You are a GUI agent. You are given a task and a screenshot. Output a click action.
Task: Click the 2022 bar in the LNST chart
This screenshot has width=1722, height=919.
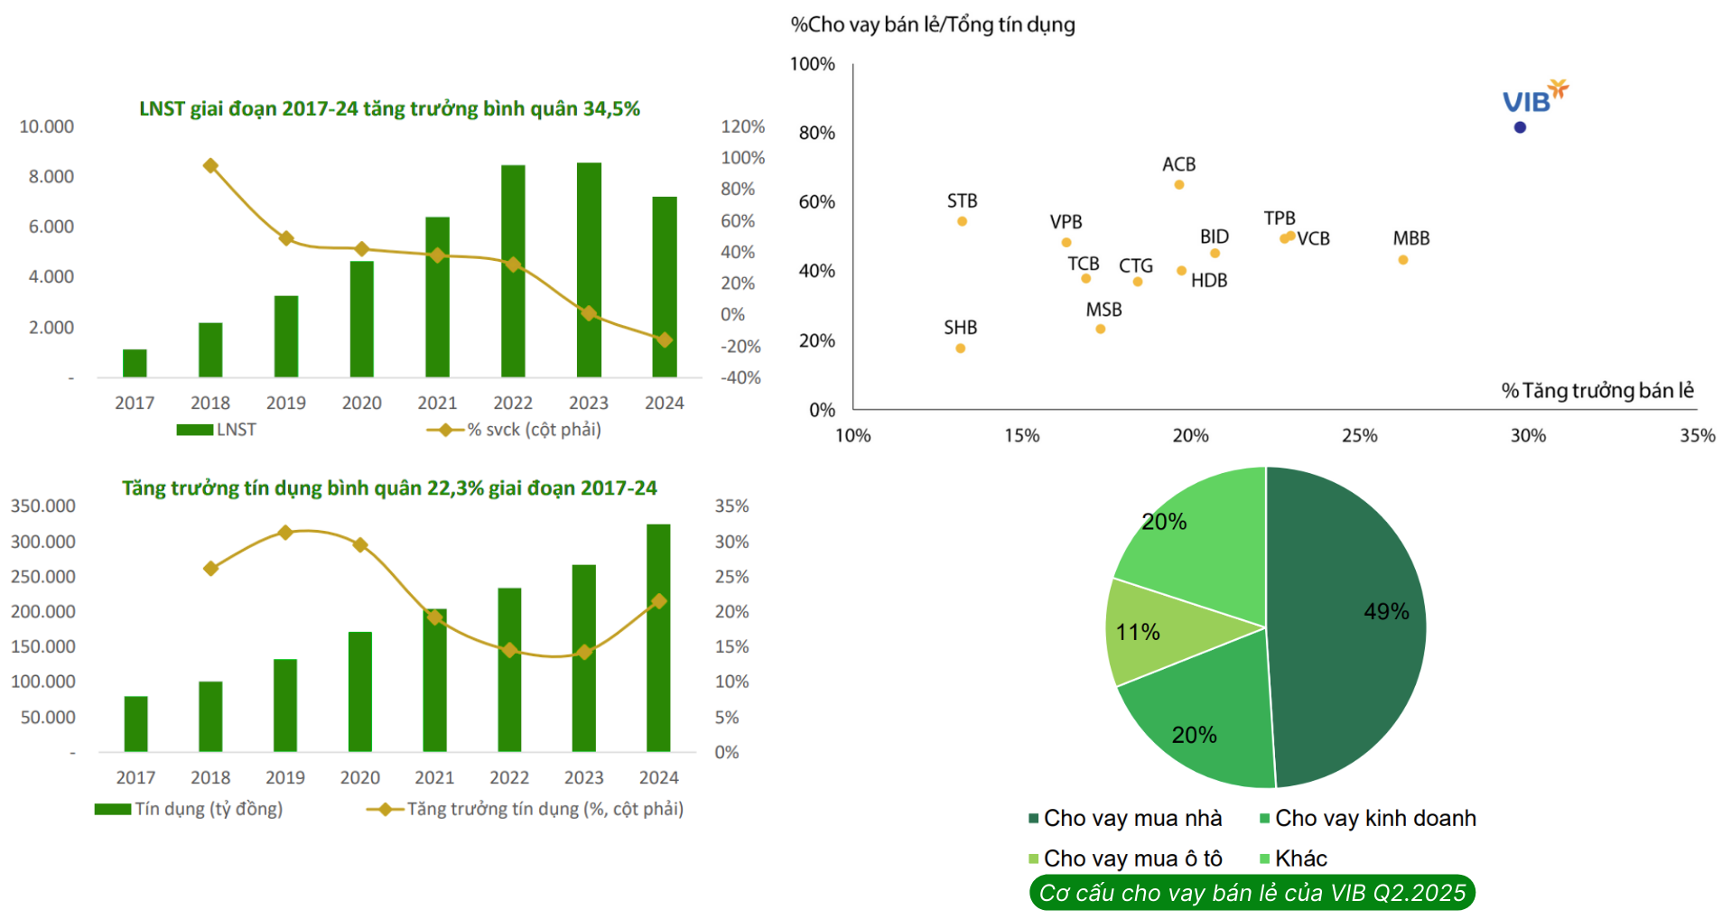point(513,271)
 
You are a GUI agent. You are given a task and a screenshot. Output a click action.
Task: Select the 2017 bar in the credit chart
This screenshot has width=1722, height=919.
point(135,724)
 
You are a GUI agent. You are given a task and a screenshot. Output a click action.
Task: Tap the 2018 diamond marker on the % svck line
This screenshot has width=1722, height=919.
point(210,166)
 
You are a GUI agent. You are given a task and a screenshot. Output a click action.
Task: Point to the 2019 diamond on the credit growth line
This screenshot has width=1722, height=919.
point(285,533)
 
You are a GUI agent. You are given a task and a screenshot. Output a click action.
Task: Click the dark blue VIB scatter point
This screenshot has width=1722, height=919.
point(1520,127)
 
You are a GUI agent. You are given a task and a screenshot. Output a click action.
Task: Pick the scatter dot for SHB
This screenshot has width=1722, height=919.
point(960,348)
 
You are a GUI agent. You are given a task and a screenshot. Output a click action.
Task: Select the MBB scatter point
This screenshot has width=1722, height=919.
point(1402,260)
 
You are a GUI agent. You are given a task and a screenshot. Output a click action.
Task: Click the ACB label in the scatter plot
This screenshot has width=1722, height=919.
point(1178,164)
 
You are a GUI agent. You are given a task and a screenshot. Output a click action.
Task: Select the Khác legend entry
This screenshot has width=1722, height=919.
point(1300,859)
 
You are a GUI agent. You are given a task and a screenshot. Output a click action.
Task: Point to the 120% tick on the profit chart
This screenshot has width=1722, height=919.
point(742,126)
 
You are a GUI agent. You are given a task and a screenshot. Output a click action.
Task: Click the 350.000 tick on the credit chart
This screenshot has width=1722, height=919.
point(42,506)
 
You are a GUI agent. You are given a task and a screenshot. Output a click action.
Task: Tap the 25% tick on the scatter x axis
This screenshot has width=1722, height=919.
point(1359,435)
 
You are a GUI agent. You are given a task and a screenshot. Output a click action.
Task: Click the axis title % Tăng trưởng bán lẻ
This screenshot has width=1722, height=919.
point(1596,391)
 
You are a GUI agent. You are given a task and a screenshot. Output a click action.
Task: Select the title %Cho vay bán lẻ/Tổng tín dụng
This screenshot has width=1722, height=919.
point(933,24)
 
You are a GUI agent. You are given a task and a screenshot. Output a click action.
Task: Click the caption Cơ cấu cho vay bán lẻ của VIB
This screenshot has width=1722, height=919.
point(1252,893)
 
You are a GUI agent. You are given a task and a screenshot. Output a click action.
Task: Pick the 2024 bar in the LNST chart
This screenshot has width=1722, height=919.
point(665,287)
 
